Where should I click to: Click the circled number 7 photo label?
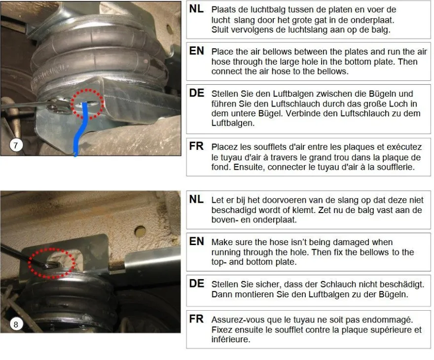(x=15, y=145)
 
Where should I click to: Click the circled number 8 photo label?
(x=15, y=324)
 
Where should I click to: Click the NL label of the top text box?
(x=196, y=9)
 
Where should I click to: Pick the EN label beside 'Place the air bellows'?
(x=196, y=51)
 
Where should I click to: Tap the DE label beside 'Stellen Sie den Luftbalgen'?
(x=196, y=93)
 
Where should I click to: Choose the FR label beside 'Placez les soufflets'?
(x=196, y=146)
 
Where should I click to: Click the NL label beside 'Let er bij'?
(x=196, y=200)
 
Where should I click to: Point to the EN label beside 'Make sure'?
(x=196, y=242)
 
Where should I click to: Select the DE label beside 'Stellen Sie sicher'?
(x=196, y=284)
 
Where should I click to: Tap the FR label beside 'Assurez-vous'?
(x=196, y=319)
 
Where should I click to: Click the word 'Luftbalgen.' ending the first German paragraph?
(x=233, y=123)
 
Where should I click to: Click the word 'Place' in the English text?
(x=222, y=52)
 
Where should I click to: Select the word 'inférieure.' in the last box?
(x=231, y=339)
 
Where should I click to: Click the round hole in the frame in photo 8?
(x=140, y=231)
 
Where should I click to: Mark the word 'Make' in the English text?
(x=222, y=242)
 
